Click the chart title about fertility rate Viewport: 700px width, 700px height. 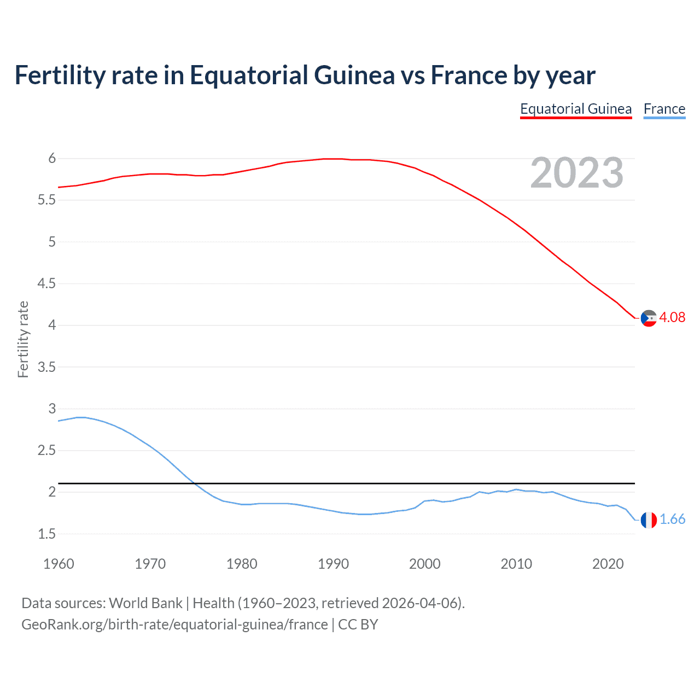pyautogui.click(x=305, y=75)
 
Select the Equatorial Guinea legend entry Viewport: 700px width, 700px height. pyautogui.click(x=576, y=109)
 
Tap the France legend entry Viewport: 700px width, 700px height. pyautogui.click(x=664, y=109)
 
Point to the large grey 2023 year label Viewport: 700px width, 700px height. pyautogui.click(x=576, y=173)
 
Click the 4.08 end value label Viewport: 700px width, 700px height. pyautogui.click(x=672, y=317)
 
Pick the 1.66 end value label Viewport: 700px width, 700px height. pyautogui.click(x=672, y=519)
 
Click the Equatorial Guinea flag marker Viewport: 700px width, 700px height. pyautogui.click(x=649, y=318)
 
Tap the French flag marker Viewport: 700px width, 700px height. pyautogui.click(x=649, y=520)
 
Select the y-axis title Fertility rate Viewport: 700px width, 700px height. pyautogui.click(x=23, y=339)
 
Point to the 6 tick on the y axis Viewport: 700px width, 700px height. pyautogui.click(x=52, y=159)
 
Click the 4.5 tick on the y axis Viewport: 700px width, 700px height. pyautogui.click(x=46, y=283)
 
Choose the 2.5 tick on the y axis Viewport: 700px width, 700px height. pyautogui.click(x=46, y=450)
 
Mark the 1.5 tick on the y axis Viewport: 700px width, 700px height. pyautogui.click(x=46, y=534)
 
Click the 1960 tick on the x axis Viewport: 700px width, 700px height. pyautogui.click(x=59, y=564)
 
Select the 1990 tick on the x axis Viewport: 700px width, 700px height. pyautogui.click(x=333, y=564)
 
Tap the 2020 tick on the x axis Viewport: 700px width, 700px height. pyautogui.click(x=608, y=564)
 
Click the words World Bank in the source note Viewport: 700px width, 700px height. pyautogui.click(x=145, y=603)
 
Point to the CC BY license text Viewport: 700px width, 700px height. pyautogui.click(x=358, y=625)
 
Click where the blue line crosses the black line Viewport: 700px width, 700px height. pyautogui.click(x=196, y=483)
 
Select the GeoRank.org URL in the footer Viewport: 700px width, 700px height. pyautogui.click(x=174, y=625)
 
